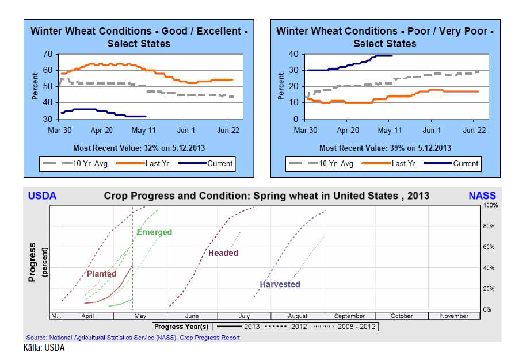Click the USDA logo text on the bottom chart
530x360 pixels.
(43, 196)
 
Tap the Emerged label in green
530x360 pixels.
(154, 232)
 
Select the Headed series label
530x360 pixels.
(223, 253)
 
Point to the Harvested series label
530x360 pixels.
(280, 284)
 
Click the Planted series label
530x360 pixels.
(101, 274)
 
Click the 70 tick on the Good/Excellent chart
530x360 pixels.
(47, 55)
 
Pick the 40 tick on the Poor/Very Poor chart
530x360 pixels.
(294, 55)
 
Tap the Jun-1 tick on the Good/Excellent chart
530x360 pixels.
(187, 131)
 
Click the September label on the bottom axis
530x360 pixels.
(349, 316)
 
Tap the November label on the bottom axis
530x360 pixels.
(454, 316)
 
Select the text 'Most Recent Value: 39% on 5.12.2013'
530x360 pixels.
(385, 148)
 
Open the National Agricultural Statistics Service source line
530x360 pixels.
(132, 338)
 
